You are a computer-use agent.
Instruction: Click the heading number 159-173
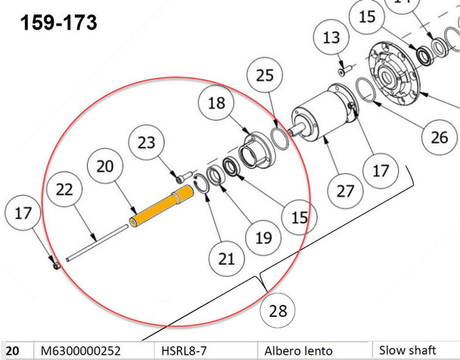coord(59,23)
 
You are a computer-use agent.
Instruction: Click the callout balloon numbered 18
coord(216,104)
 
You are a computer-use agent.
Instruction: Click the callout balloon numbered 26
coord(439,138)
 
